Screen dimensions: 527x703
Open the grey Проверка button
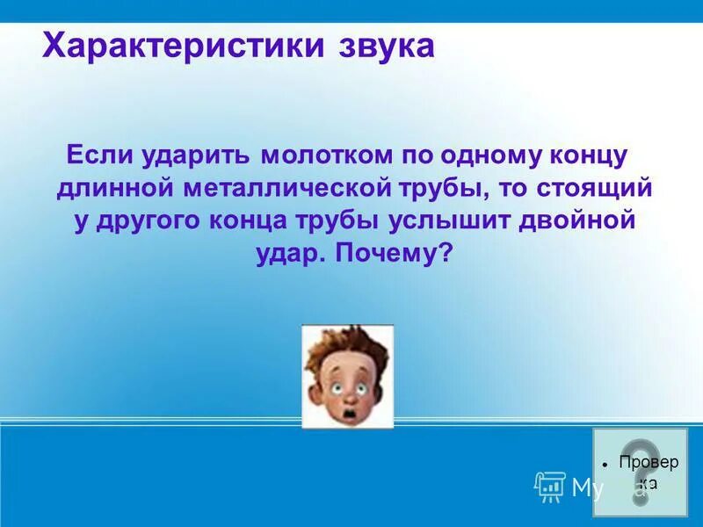click(x=641, y=473)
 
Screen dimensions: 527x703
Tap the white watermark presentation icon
click(x=549, y=485)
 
